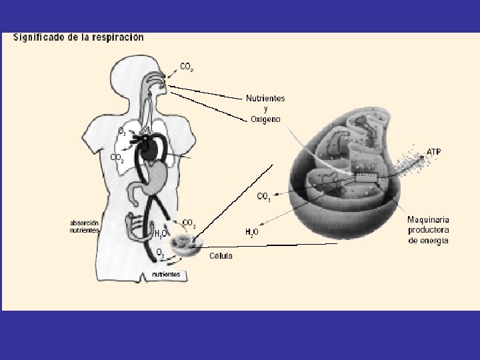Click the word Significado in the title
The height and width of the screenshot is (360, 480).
pyautogui.click(x=39, y=38)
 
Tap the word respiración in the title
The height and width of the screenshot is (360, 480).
pyautogui.click(x=117, y=38)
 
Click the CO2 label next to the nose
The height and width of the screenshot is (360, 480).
pyautogui.click(x=187, y=67)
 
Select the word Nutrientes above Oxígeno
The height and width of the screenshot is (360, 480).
pyautogui.click(x=265, y=98)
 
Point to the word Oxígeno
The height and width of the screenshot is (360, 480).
pyautogui.click(x=265, y=119)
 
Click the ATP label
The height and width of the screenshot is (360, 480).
pyautogui.click(x=433, y=152)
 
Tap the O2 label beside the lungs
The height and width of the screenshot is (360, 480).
pyautogui.click(x=122, y=132)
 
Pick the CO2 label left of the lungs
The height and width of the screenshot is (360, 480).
pyautogui.click(x=116, y=159)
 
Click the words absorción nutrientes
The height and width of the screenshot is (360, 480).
pyautogui.click(x=85, y=226)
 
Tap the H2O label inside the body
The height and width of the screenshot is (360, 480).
pyautogui.click(x=160, y=234)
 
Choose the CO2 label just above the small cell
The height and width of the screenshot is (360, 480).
pyautogui.click(x=189, y=223)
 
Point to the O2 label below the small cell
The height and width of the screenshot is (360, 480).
pyautogui.click(x=160, y=253)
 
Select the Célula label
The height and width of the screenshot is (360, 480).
pyautogui.click(x=221, y=256)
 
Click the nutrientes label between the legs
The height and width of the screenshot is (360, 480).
pyautogui.click(x=166, y=274)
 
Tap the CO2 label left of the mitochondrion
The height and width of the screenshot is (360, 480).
pyautogui.click(x=264, y=197)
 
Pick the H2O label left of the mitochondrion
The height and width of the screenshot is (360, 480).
pyautogui.click(x=251, y=232)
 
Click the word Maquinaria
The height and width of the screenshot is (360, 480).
pyautogui.click(x=428, y=219)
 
